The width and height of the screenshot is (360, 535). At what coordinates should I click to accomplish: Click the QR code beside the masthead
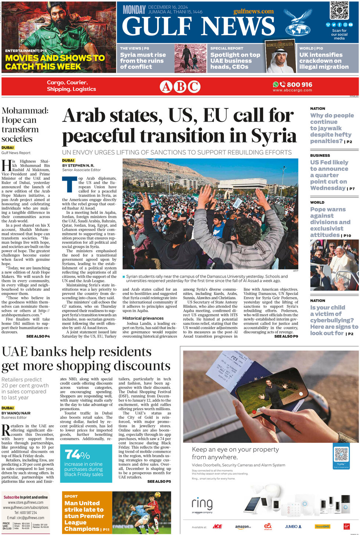pos(339,10)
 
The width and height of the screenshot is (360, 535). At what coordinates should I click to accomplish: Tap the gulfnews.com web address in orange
pos(253,11)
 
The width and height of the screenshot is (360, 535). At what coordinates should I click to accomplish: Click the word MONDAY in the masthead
pos(134,10)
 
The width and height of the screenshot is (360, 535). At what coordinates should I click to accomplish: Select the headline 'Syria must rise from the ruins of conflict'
pos(143,61)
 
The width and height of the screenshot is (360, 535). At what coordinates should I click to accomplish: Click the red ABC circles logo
pos(180,87)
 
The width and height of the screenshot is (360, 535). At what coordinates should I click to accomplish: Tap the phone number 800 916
pos(299,84)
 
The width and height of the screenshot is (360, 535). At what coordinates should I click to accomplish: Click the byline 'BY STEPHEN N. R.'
pos(78,166)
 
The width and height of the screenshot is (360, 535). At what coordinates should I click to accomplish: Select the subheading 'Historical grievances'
pos(143,318)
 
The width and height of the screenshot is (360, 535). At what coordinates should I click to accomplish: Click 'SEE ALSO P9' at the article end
pos(286,336)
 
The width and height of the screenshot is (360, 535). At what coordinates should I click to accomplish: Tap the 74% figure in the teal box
pos(77,455)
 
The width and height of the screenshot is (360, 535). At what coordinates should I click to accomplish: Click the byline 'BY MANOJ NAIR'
pos(16,413)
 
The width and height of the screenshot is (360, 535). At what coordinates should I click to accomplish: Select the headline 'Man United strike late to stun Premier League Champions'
pos(84,516)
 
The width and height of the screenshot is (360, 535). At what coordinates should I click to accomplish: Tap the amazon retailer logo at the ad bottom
pos(243,527)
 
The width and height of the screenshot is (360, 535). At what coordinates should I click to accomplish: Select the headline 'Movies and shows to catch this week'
pos(55,62)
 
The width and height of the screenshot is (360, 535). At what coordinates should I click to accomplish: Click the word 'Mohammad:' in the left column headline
pos(25,111)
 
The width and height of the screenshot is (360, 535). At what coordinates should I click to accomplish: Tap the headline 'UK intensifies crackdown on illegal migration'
pos(324,61)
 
